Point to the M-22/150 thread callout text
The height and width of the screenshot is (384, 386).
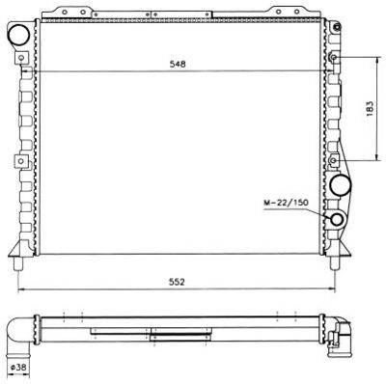tap(287, 203)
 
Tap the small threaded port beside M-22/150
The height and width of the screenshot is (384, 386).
tap(338, 219)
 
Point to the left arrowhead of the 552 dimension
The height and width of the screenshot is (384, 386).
tap(21, 290)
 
